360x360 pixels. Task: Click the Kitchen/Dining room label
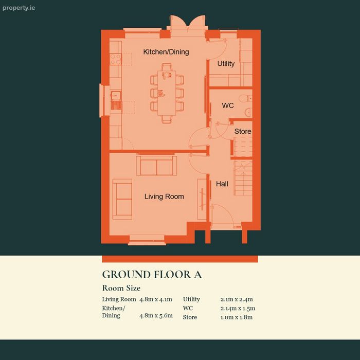pos(166,52)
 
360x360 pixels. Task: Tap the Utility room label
pos(226,64)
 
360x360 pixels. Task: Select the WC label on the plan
pos(228,105)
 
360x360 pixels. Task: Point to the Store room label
pos(243,131)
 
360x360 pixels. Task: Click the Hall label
pos(222,184)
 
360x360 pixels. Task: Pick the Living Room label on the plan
pos(164,196)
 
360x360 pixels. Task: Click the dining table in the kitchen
pos(167,93)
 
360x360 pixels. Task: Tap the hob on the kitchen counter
pos(116,59)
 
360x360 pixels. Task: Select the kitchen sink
pos(116,100)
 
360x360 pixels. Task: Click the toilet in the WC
pos(245,99)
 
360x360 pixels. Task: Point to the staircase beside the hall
pos(243,178)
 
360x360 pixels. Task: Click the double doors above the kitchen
pos(188,24)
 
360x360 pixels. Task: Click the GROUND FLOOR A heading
pos(152,275)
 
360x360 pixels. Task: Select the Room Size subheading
pos(121,288)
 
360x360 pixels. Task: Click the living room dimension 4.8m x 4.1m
pos(156,299)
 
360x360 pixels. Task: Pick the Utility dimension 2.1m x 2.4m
pos(237,299)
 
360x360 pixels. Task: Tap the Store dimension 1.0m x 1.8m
pos(237,317)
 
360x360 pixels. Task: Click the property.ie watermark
pos(19,8)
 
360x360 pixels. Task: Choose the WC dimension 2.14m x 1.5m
pos(238,309)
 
